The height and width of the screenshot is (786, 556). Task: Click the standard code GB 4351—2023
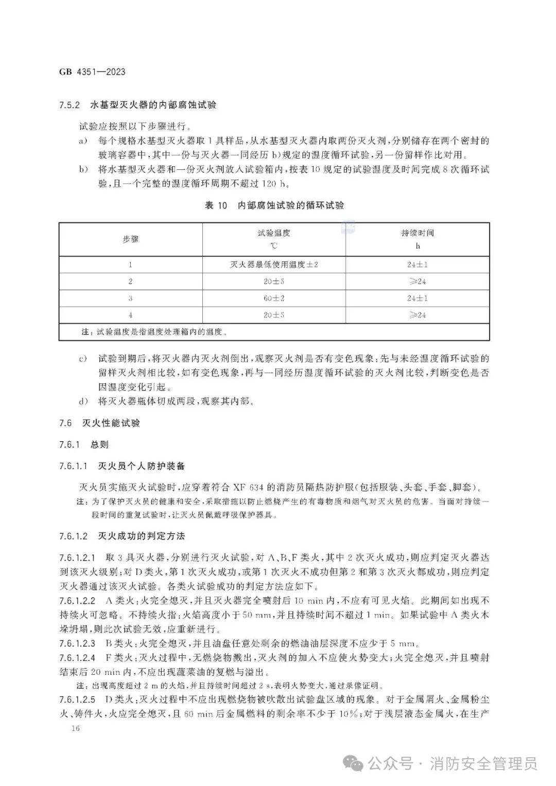92,72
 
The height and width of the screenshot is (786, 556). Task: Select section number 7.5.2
69,105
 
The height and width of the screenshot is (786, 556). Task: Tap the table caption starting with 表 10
274,205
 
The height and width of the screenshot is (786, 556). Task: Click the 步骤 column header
130,239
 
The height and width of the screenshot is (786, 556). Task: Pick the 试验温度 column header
274,233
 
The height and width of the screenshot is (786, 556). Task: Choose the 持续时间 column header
418,233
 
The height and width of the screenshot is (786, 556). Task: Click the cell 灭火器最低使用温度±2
274,265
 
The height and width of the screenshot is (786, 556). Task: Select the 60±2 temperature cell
274,298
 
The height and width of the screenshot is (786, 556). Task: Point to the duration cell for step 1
418,265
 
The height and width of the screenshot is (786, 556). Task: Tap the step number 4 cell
130,315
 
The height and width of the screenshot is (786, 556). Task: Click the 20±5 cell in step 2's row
274,282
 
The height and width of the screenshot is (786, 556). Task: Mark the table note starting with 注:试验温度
154,332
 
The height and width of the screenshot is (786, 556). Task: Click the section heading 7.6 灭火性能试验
100,423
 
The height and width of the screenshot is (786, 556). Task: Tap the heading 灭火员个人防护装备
141,466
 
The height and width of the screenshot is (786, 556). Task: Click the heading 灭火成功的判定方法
141,536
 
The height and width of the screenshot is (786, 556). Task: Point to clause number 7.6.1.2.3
77,643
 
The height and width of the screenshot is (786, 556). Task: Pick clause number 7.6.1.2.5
77,700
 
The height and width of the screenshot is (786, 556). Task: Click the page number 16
76,728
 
